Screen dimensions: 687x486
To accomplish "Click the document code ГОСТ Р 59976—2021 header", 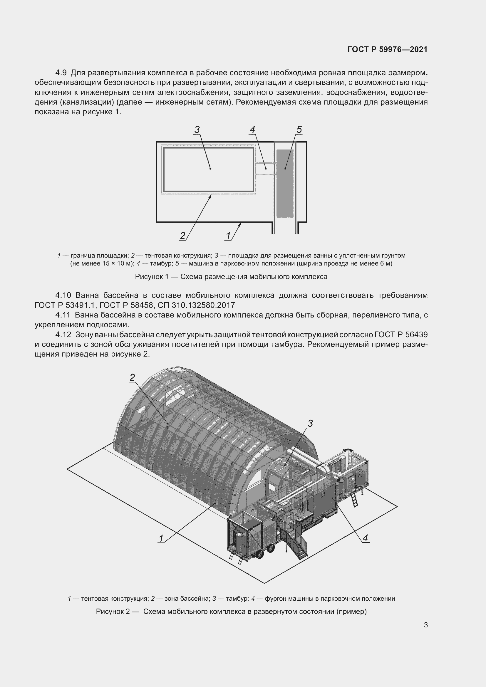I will click(x=387, y=49).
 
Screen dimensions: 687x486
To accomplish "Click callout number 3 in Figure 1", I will click(x=197, y=130).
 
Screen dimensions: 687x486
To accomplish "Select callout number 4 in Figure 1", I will click(x=252, y=130).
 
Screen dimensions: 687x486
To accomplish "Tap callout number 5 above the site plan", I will click(x=299, y=130).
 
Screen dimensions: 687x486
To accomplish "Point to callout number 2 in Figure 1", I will click(x=182, y=236).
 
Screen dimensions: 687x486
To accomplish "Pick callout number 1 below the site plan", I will click(x=228, y=236).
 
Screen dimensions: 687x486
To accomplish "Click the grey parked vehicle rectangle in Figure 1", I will click(x=285, y=183).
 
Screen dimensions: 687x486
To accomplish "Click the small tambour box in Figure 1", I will click(x=265, y=169).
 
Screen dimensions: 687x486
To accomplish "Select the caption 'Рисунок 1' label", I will click(x=152, y=277).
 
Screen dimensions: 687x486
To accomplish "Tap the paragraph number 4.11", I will click(x=63, y=315).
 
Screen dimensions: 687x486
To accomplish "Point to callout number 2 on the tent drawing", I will click(x=132, y=378).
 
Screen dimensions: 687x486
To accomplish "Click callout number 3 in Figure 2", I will click(x=310, y=424).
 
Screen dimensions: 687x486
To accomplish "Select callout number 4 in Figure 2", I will click(x=365, y=538).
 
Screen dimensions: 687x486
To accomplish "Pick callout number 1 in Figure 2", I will click(x=161, y=539).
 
